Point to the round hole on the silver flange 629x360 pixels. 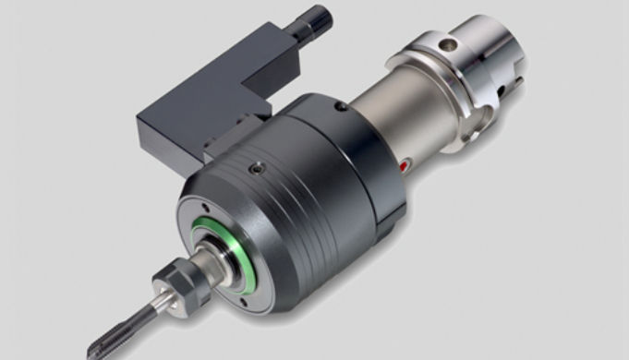click(450, 43)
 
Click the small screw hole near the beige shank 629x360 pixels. click(342, 107)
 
